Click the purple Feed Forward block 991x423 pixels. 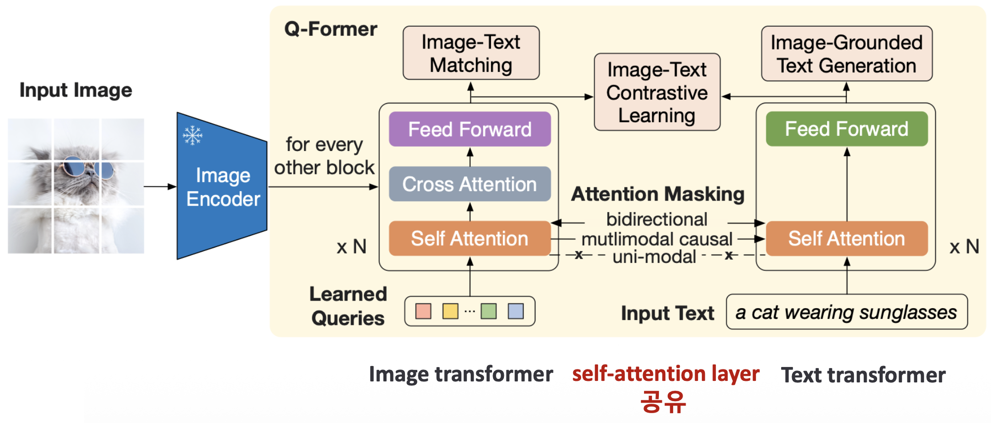coord(469,129)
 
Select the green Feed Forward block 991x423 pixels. coord(846,129)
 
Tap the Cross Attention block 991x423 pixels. coord(469,184)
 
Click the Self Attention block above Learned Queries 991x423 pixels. coord(469,239)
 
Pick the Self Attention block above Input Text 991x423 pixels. coord(846,239)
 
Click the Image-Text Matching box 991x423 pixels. coord(471,53)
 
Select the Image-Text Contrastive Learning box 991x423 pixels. coord(657,93)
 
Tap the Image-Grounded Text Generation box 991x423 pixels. coord(846,54)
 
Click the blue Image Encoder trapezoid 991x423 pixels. coord(222,187)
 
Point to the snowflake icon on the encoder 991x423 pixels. coord(193,135)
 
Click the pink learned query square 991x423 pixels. coord(423,311)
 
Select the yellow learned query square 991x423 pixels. coord(450,311)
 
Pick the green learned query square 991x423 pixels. coord(489,311)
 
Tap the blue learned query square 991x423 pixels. coord(516,311)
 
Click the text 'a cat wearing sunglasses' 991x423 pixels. coord(846,313)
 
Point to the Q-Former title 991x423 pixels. coord(331,29)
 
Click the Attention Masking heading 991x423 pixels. coord(657,194)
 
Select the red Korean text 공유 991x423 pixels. coord(663,401)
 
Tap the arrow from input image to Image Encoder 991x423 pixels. coord(160,187)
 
